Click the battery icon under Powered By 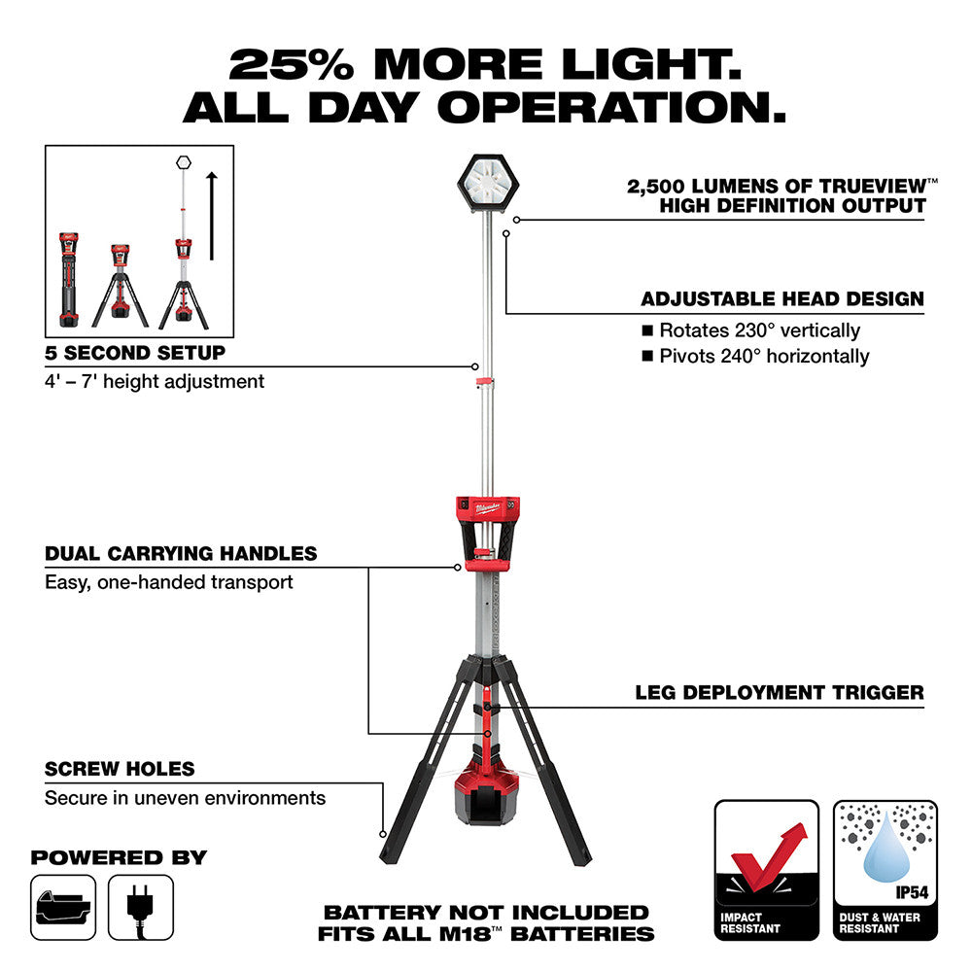point(63,906)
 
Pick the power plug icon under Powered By point(141,906)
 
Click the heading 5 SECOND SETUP point(135,353)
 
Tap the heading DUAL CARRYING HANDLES point(181,554)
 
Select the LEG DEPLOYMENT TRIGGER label point(780,693)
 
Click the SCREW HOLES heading point(120,769)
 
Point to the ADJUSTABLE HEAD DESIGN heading point(782,299)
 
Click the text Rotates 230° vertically point(759,330)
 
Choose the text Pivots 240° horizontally point(764,356)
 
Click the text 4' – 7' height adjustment point(155,382)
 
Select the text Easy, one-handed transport point(169,582)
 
